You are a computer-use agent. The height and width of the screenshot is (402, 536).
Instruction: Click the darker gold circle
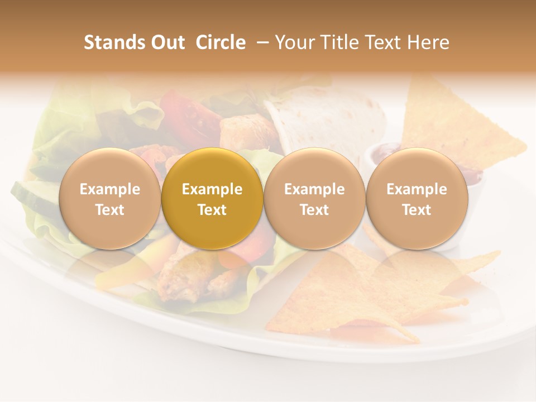click(x=212, y=198)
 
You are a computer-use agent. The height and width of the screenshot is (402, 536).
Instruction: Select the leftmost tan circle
click(x=110, y=198)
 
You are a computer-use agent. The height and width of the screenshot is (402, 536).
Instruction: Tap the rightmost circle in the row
click(x=417, y=198)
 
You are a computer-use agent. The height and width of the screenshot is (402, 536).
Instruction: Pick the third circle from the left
click(x=314, y=198)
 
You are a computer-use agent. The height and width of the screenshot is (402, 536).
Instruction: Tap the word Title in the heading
click(x=338, y=42)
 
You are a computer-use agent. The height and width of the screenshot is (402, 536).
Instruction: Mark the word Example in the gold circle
click(x=212, y=189)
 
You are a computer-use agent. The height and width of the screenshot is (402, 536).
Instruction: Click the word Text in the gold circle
click(x=212, y=210)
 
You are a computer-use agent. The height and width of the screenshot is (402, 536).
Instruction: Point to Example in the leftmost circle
click(x=110, y=189)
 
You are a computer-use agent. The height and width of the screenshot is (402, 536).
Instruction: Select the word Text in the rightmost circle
click(x=417, y=210)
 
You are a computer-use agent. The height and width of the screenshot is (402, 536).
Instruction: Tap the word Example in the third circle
click(x=314, y=189)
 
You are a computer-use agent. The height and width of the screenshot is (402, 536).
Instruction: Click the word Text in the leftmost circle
click(x=110, y=210)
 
